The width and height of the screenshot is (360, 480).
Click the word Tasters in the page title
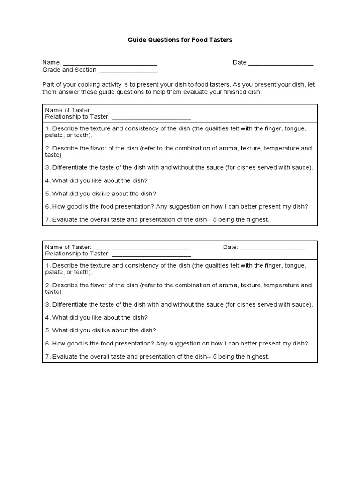tap(219, 40)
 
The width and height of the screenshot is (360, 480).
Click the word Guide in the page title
tap(137, 40)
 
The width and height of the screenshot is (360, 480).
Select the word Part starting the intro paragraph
tap(48, 85)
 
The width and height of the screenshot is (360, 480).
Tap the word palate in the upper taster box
tap(55, 135)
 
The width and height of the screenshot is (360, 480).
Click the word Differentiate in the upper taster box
tap(70, 167)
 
